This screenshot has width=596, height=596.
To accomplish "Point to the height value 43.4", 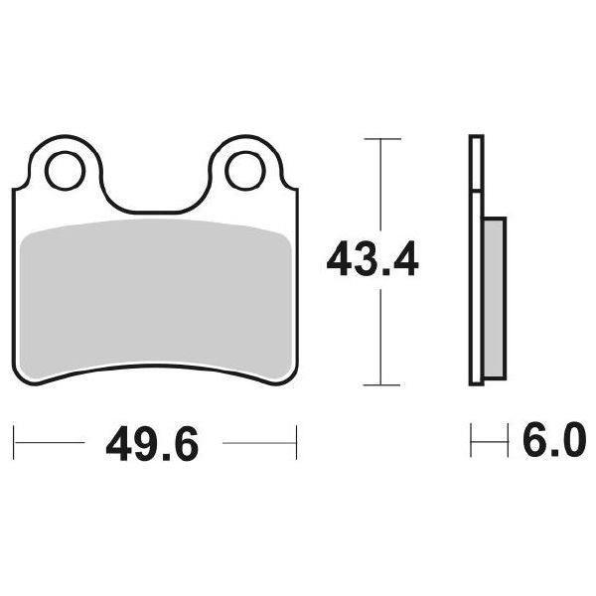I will click(x=373, y=262).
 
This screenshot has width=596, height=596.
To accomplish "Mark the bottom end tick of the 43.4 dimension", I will click(x=381, y=384).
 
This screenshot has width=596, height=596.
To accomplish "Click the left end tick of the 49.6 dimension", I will click(x=14, y=438).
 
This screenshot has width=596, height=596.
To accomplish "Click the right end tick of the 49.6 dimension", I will click(x=296, y=438).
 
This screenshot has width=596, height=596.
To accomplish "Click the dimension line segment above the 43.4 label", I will click(x=381, y=189).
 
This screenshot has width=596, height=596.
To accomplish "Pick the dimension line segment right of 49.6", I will click(x=258, y=438).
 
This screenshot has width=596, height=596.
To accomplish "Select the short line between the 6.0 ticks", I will click(x=484, y=438).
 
